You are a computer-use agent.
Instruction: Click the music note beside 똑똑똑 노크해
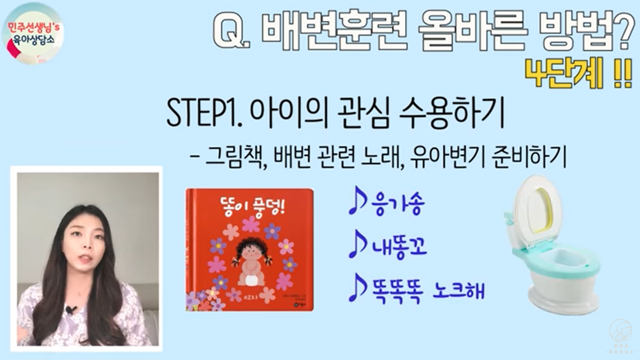tap(356, 290)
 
